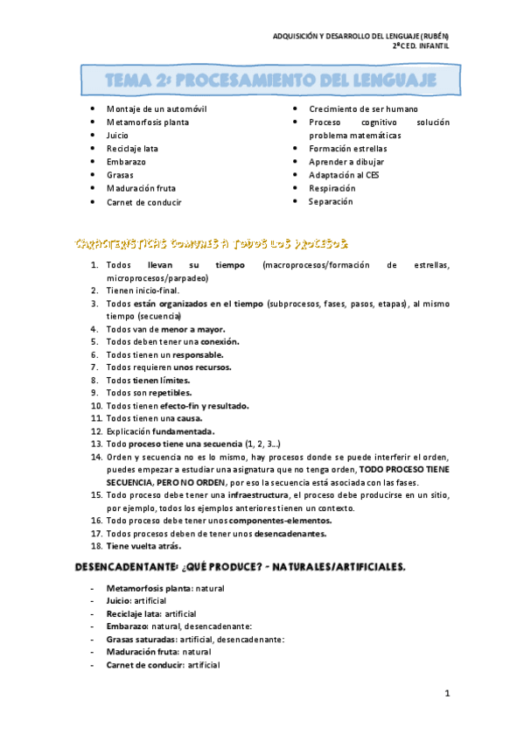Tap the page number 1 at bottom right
[x=446, y=694]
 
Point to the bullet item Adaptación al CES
[x=344, y=175]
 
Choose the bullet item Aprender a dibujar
[x=346, y=162]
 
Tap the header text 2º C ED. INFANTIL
[x=420, y=46]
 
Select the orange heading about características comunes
[x=213, y=241]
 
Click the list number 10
[x=95, y=406]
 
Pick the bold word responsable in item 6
[x=198, y=354]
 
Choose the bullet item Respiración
[x=332, y=188]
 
